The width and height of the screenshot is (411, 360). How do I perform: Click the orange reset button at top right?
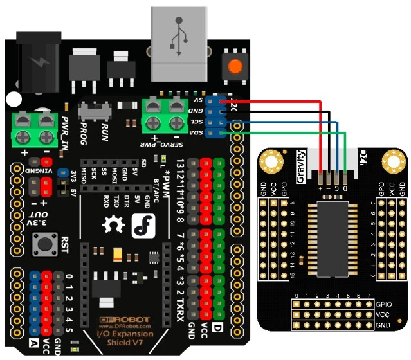[x=236, y=66]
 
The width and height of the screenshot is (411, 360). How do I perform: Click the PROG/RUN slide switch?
[x=94, y=112]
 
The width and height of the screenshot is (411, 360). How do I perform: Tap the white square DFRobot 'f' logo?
[x=142, y=226]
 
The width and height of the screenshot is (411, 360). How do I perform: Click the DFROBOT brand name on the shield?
[x=120, y=320]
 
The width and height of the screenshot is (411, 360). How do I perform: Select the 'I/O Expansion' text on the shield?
[x=119, y=334]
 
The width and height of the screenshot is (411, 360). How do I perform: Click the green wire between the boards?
[x=289, y=133]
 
